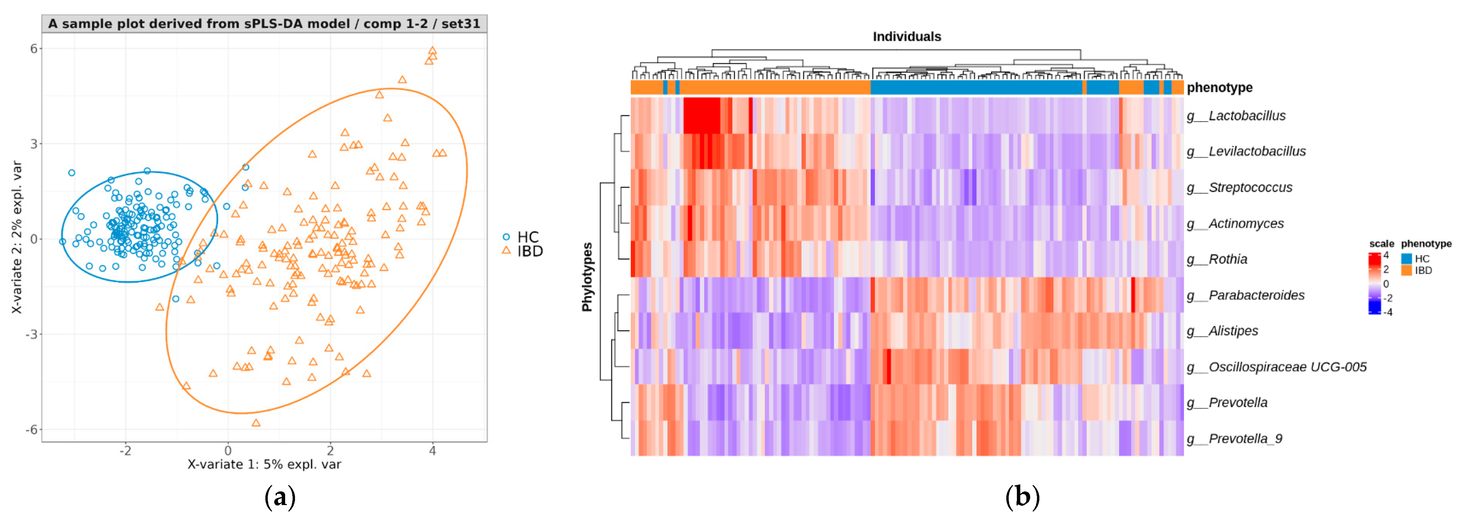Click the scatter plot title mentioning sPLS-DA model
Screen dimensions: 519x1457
pos(264,24)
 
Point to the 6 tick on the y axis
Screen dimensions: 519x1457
pos(34,49)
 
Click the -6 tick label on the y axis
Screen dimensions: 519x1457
pos(32,430)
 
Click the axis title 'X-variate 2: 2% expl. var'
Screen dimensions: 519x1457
pos(17,237)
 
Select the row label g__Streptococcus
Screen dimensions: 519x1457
pos(1239,188)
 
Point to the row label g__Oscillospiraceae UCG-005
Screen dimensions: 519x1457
pos(1276,367)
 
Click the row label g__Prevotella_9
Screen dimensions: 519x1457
pos(1234,439)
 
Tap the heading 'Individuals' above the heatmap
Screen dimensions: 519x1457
pos(907,37)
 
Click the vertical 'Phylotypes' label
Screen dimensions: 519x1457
pos(587,277)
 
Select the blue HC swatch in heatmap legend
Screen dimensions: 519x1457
pos(1406,258)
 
